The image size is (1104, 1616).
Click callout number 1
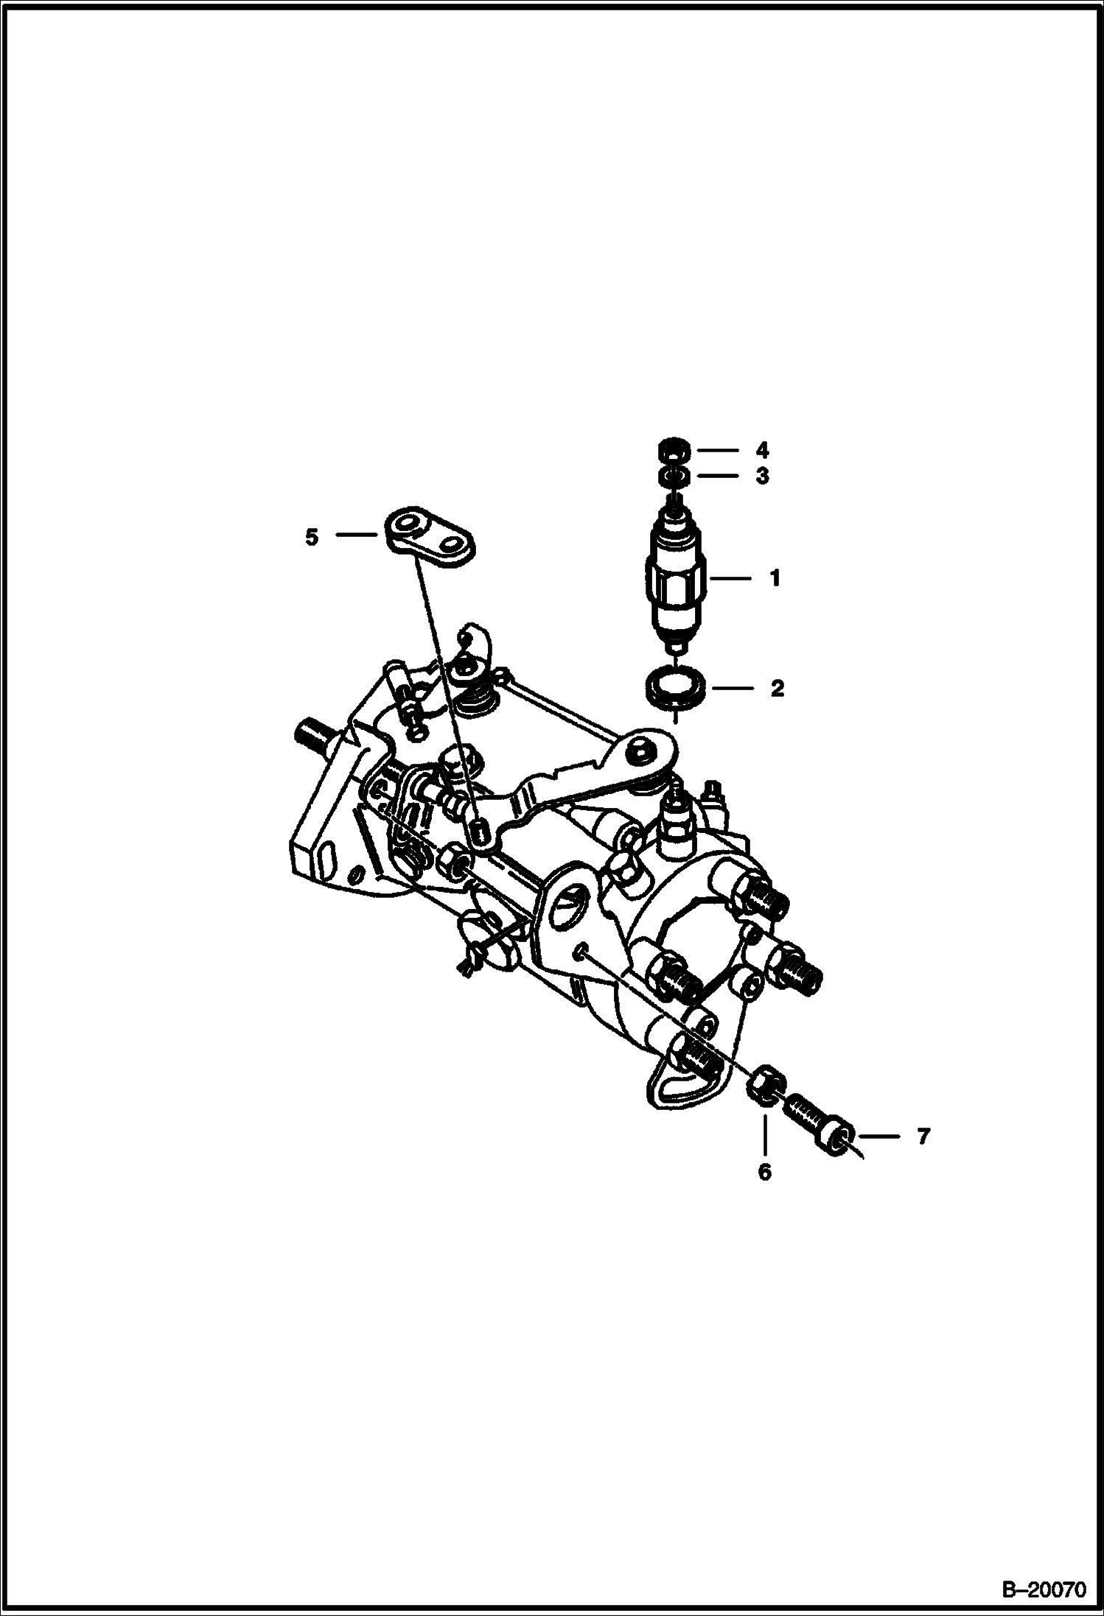(774, 579)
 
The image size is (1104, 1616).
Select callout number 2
(777, 689)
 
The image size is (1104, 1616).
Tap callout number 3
(762, 476)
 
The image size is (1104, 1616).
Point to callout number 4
(762, 449)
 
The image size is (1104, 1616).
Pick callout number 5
(312, 537)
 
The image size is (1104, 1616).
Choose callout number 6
(764, 1171)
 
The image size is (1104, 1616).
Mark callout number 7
(923, 1136)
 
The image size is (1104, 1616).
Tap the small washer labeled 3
(674, 477)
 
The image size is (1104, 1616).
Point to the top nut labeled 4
(674, 449)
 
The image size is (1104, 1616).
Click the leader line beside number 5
(357, 536)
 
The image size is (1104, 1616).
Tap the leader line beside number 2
(730, 689)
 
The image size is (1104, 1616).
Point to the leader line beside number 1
(730, 579)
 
